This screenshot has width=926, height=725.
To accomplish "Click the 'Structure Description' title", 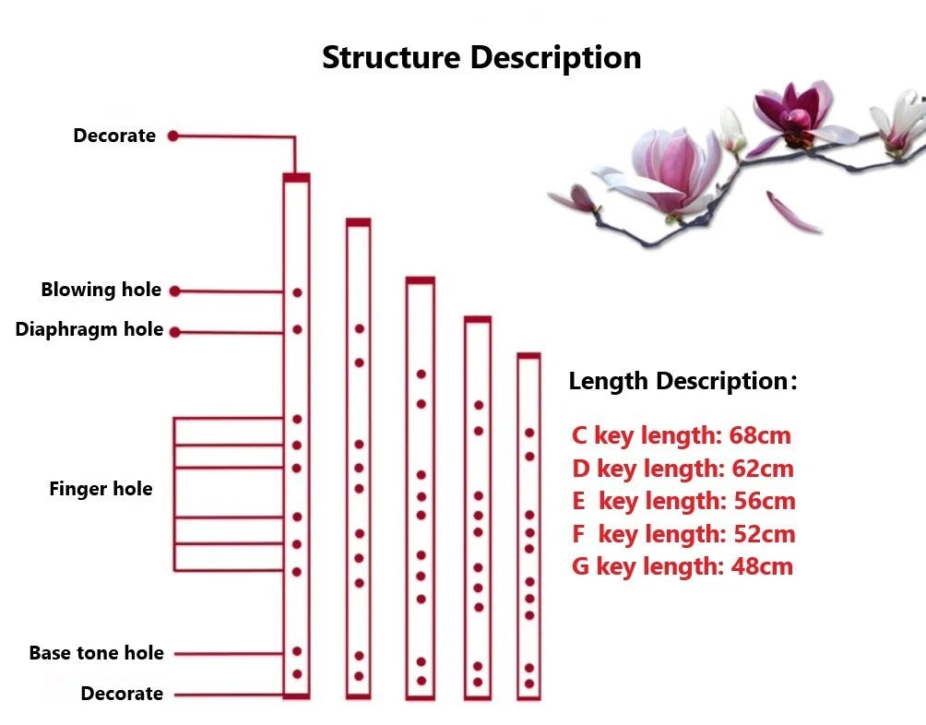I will [481, 57].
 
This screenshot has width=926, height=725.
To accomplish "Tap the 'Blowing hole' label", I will [101, 291].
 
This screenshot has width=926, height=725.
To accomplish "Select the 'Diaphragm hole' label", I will [89, 330].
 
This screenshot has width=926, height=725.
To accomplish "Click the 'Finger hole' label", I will [101, 489].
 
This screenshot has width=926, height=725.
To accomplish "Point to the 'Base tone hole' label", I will [96, 653].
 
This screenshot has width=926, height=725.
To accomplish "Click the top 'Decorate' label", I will [114, 136].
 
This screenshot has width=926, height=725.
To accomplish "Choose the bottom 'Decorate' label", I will [122, 694].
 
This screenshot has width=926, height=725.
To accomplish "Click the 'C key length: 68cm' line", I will [682, 435].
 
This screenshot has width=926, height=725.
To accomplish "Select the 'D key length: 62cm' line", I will [683, 469].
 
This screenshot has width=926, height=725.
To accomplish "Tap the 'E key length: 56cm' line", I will [683, 501].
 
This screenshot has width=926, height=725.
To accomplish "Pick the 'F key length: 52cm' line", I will [683, 534].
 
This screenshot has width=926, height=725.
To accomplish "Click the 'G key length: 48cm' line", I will [683, 566].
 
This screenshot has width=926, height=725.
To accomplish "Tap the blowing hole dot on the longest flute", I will [297, 292].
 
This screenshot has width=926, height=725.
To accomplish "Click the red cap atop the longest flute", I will [296, 177].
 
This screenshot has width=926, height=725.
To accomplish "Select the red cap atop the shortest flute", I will [528, 355].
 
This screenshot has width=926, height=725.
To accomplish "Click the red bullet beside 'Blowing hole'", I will [174, 291].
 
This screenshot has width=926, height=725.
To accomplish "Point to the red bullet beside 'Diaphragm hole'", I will [174, 331].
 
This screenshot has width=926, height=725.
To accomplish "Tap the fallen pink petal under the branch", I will [792, 213].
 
